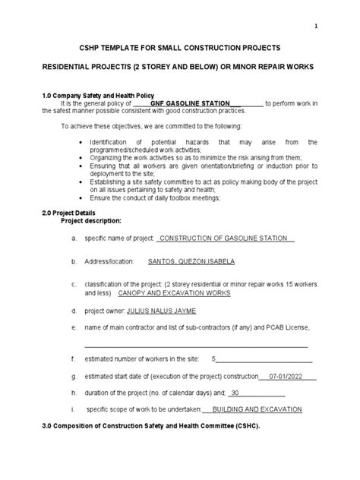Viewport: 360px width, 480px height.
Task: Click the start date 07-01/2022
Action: click(x=285, y=376)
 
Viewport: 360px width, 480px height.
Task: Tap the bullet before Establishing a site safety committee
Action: click(x=82, y=182)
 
